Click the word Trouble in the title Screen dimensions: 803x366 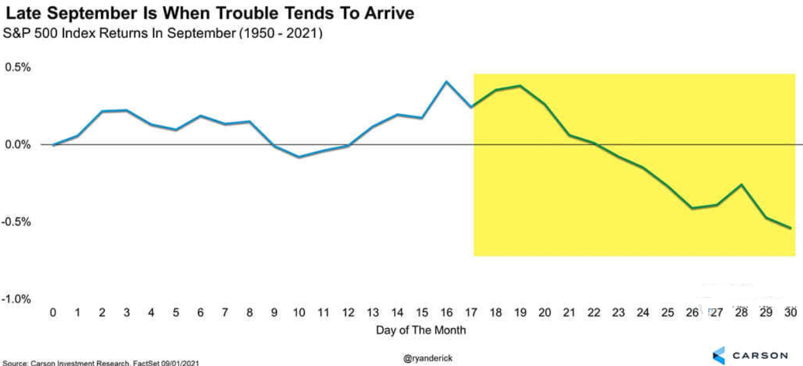[246, 13]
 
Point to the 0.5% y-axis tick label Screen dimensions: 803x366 [17, 67]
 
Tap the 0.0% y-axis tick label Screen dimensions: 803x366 [17, 145]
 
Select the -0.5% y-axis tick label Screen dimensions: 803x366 [16, 222]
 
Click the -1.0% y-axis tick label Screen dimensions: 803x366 [16, 299]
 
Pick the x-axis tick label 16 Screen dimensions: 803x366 [447, 313]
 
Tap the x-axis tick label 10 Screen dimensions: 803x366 [299, 313]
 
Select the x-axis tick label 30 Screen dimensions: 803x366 [790, 313]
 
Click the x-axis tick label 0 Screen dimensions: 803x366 [52, 313]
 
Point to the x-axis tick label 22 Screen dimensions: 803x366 [594, 313]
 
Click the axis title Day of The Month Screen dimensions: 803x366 [421, 330]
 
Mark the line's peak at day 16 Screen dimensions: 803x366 [447, 82]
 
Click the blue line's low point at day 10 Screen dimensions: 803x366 [299, 157]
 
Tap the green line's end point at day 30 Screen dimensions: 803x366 [790, 228]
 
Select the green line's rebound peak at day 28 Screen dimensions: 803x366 [742, 185]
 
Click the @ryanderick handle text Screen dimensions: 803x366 [427, 358]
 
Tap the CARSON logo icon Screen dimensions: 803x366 [719, 356]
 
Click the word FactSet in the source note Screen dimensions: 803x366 [146, 363]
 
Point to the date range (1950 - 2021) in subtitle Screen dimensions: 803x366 [281, 33]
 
